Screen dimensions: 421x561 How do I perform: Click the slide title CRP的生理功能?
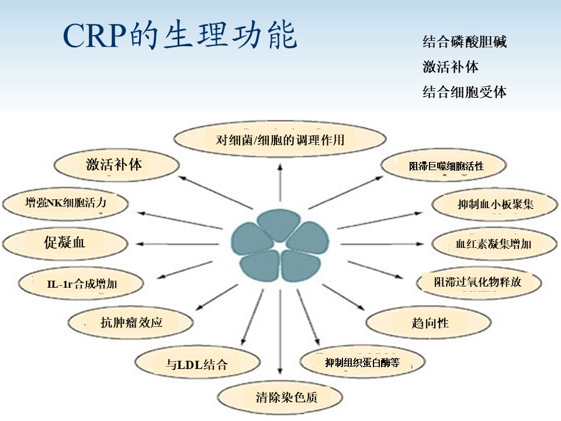pos(180,36)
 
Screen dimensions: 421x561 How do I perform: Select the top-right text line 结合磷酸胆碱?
pos(465,42)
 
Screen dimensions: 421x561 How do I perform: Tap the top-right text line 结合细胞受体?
pos(465,92)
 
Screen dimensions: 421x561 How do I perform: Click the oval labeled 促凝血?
pos(65,243)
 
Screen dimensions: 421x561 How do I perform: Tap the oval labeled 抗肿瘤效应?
pos(131,322)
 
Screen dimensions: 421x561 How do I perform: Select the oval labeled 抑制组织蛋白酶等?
pos(363,362)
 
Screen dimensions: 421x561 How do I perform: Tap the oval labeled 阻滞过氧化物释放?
pos(477,282)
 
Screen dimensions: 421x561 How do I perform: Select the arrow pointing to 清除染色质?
pos(280,333)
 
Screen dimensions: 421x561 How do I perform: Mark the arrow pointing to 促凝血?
pos(175,243)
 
